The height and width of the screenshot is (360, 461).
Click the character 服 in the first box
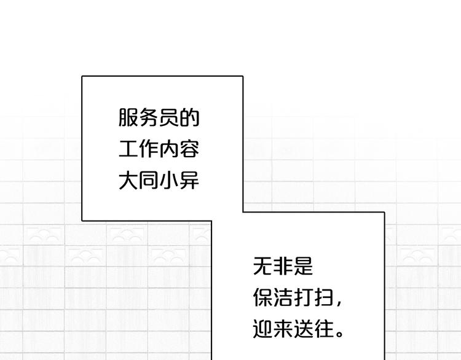[x=128, y=117]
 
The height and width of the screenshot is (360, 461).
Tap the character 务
[x=149, y=117]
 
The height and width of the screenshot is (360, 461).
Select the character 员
[x=169, y=117]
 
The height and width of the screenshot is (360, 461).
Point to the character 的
[x=189, y=117]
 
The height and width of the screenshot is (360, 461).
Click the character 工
[x=128, y=149]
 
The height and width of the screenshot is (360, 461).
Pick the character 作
[x=149, y=149]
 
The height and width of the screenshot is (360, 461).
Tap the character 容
[x=189, y=149]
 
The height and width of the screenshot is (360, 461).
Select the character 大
[x=128, y=180]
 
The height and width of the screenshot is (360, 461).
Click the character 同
[x=149, y=180]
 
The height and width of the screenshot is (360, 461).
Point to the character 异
[x=189, y=180]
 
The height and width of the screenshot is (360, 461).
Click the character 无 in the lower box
[x=262, y=266]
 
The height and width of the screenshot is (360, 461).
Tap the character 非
[x=283, y=266]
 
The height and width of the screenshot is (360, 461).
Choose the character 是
[x=303, y=266]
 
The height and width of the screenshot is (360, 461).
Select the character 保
[x=262, y=297]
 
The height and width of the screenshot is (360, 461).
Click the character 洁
[x=283, y=297]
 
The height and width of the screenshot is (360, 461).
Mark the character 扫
[x=323, y=297]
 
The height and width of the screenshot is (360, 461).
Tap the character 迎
[x=262, y=329]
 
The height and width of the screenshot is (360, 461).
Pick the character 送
[x=303, y=329]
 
